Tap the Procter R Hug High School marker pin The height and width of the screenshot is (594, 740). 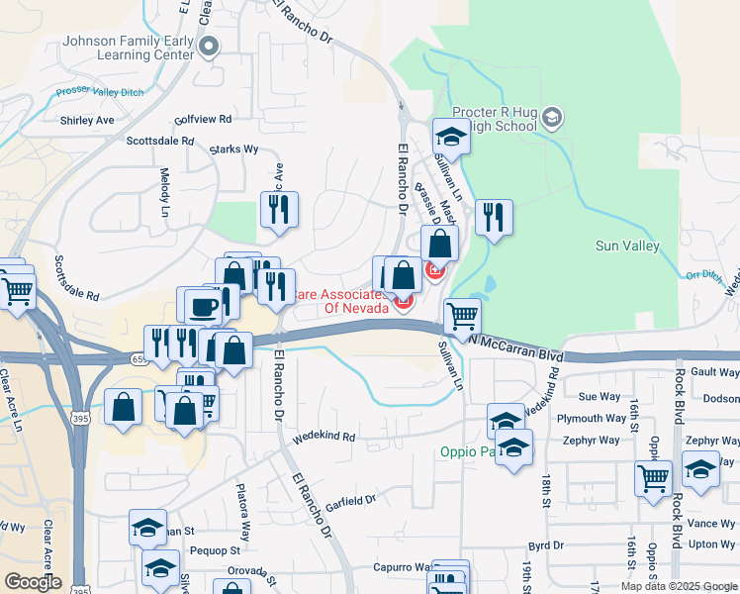point(552,120)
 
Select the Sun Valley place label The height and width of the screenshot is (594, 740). point(632,245)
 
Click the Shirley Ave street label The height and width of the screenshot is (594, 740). point(87,121)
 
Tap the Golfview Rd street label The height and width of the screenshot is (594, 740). point(202,119)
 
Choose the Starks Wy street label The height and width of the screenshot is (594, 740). point(233,149)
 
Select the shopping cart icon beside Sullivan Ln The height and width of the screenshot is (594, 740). point(462,317)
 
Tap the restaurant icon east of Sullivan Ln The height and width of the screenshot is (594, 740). point(493,217)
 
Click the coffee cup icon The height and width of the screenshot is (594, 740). point(203,305)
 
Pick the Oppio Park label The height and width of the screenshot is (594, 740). point(464,453)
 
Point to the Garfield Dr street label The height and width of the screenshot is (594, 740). point(351,502)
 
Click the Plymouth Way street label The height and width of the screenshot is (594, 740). point(593,419)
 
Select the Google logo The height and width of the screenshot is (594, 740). point(33,582)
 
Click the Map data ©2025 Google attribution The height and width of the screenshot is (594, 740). point(678,586)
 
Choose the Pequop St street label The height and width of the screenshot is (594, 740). point(215,549)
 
